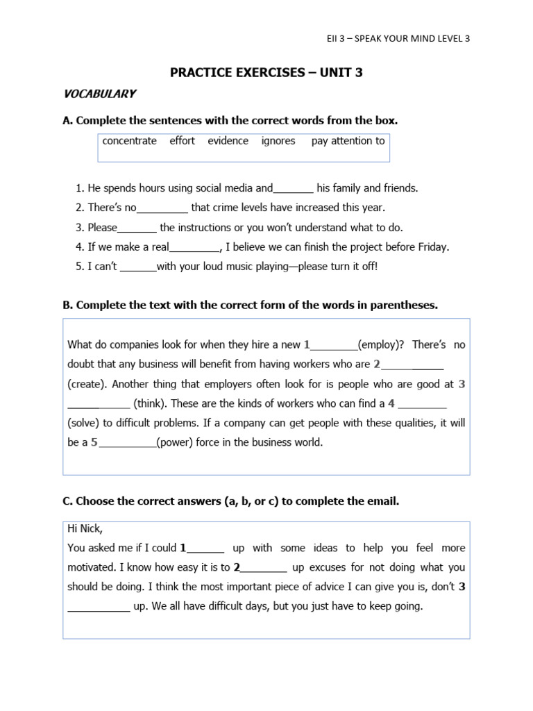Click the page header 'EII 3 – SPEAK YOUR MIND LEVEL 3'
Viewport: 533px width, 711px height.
coord(398,38)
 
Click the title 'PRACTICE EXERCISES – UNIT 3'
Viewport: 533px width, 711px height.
coord(266,72)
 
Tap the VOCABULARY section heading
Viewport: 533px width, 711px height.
coord(99,94)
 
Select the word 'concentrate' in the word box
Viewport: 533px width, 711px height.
coord(130,141)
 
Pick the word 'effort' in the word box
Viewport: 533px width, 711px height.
coord(183,141)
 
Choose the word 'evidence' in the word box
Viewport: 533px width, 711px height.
coord(228,141)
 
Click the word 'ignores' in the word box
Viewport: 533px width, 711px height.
coord(278,141)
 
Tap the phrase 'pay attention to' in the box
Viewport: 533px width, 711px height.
coord(348,141)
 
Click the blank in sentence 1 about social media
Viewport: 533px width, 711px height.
coord(294,189)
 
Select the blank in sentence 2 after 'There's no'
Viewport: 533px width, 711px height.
coord(162,208)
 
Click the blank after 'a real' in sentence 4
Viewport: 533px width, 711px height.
coord(194,248)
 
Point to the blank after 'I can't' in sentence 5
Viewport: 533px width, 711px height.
coord(138,267)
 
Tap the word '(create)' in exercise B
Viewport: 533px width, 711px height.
coord(87,383)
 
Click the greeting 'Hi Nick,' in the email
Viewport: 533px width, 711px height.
coord(85,528)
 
